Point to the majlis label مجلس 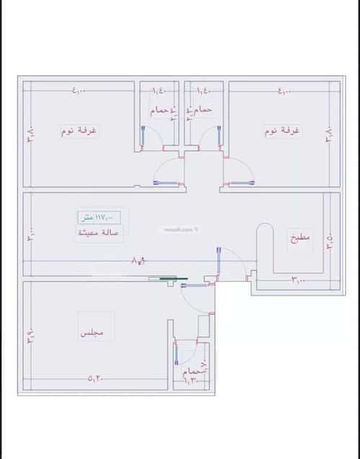point(91,335)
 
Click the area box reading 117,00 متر point(100,217)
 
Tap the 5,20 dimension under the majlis point(96,378)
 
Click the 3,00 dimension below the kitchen point(298,279)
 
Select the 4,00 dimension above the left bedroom point(78,91)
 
